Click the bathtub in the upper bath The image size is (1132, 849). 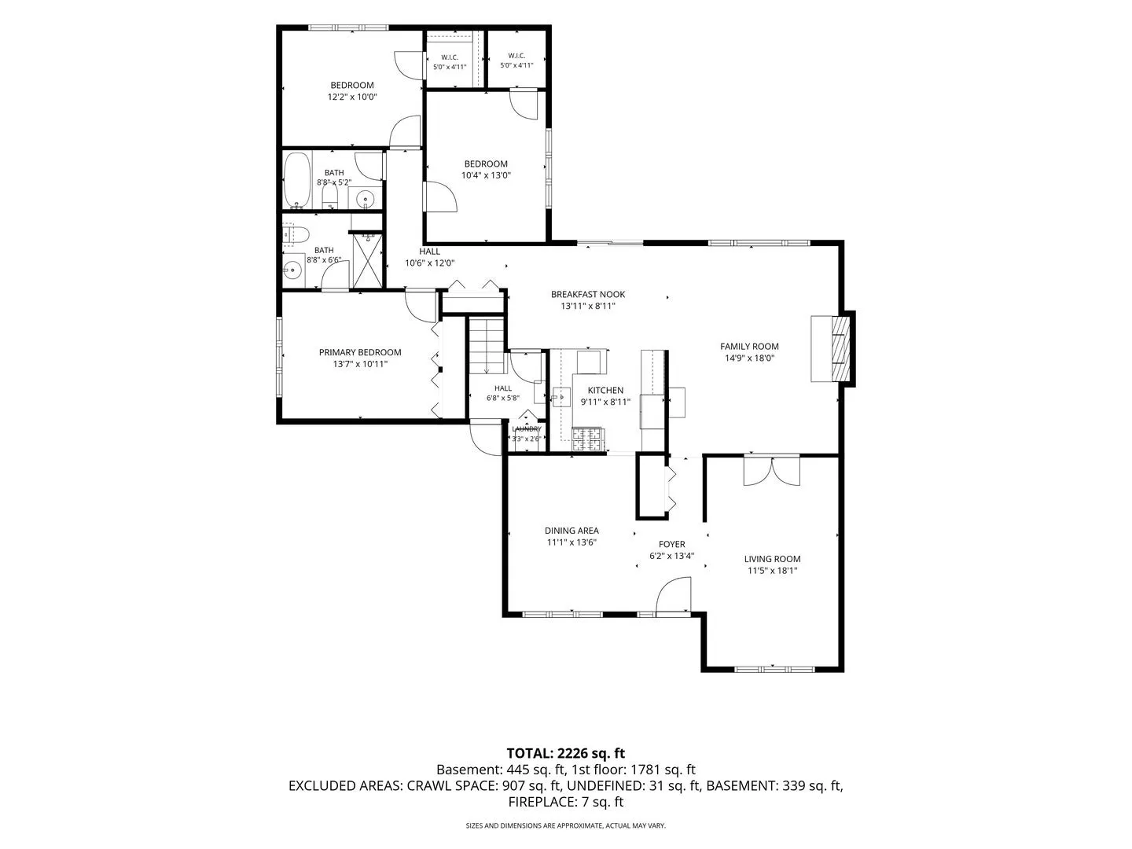[x=297, y=180]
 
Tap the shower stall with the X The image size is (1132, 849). [x=367, y=260]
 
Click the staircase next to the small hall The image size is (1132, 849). [x=486, y=345]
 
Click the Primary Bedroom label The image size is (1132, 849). [x=360, y=353]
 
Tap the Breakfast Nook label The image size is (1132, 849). [x=588, y=294]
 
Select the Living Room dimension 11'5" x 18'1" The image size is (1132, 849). [x=772, y=571]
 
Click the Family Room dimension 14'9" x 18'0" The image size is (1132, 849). [x=749, y=358]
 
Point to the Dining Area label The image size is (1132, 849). [x=572, y=531]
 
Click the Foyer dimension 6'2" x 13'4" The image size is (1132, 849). [x=671, y=556]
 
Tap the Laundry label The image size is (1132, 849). [x=527, y=429]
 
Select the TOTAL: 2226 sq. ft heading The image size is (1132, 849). [x=566, y=753]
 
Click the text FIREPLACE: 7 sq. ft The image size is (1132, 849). [x=566, y=802]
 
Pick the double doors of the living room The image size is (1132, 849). [x=771, y=470]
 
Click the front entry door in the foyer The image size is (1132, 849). [x=673, y=595]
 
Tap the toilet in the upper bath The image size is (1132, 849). [x=329, y=196]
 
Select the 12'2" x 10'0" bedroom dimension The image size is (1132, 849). [x=352, y=97]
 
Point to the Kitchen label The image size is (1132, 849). [x=605, y=390]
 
